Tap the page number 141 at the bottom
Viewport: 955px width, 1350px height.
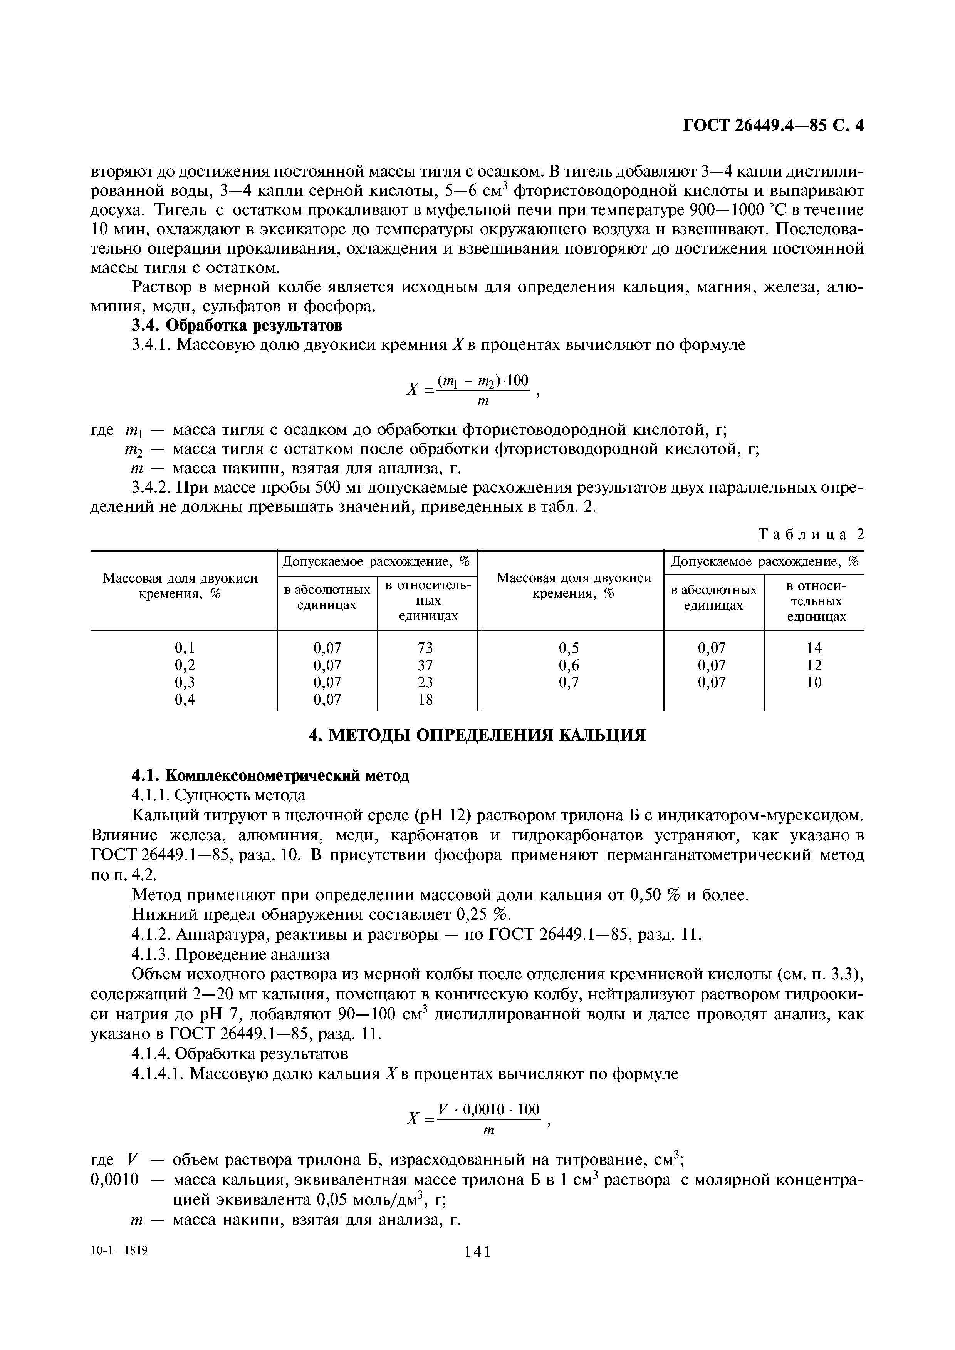(x=477, y=1268)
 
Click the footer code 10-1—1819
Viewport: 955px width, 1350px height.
(x=119, y=1266)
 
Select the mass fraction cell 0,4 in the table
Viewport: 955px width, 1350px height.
(x=184, y=700)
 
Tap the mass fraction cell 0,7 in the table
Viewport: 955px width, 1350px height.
(x=568, y=682)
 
